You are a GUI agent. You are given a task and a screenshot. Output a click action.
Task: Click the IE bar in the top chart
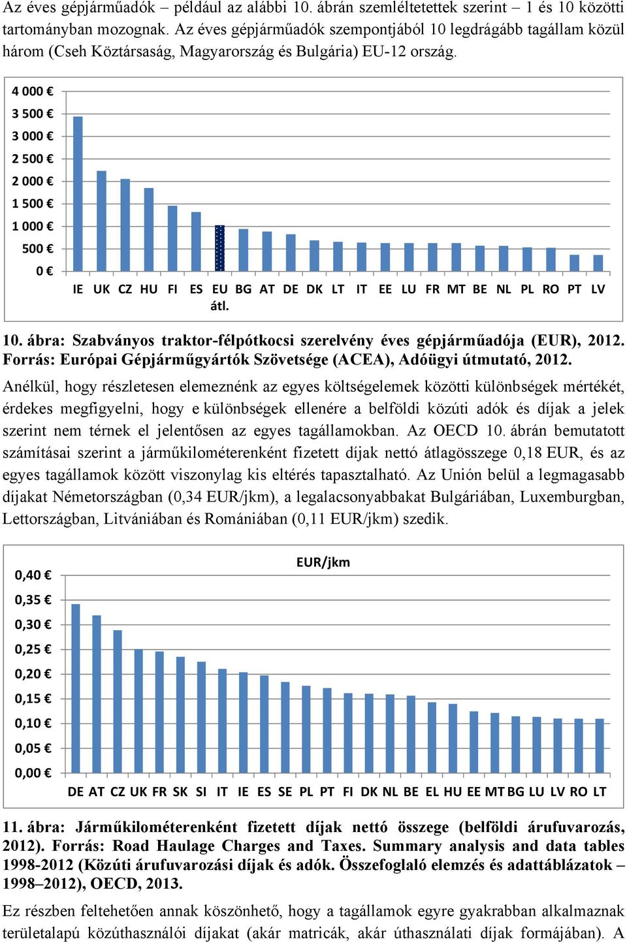coord(78,194)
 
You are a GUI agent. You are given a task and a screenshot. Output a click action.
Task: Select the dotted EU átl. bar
coord(220,248)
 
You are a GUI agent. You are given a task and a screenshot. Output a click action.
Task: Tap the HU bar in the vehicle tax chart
coord(149,229)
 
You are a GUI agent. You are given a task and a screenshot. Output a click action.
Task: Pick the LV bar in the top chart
coord(598,263)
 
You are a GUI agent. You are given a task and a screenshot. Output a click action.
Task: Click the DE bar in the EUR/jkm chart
coord(76,688)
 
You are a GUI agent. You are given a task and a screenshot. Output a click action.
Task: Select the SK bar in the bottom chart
coord(180,715)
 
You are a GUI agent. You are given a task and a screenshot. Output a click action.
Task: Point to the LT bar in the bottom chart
coord(600,746)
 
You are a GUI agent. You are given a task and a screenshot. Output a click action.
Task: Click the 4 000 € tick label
coord(33,91)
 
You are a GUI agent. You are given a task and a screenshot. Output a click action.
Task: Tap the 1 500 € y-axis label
coord(33,204)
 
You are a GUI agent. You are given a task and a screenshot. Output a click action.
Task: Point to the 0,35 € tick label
coord(33,600)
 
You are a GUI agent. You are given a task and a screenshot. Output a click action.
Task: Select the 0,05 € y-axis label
coord(33,748)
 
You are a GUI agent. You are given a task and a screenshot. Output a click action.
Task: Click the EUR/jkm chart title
coord(323,562)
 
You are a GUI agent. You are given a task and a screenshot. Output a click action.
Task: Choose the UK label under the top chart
coord(101,289)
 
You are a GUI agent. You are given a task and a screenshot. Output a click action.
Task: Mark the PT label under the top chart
coord(574,289)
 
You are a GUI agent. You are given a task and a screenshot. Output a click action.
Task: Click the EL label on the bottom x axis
coord(432,791)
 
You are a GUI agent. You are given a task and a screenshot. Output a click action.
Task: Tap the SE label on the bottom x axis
coord(285,791)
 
